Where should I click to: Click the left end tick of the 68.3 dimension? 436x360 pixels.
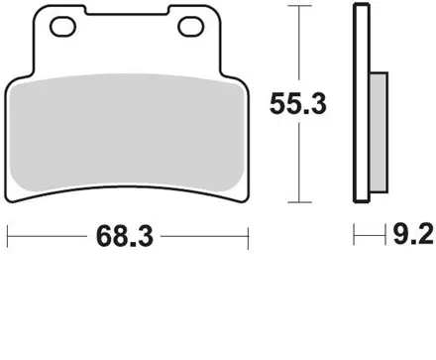pyautogui.click(x=8, y=238)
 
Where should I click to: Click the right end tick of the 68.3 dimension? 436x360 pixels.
pyautogui.click(x=246, y=238)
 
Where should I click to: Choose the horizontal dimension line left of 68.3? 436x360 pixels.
pyautogui.click(x=50, y=238)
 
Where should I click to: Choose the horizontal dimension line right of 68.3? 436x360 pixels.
pyautogui.click(x=203, y=238)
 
